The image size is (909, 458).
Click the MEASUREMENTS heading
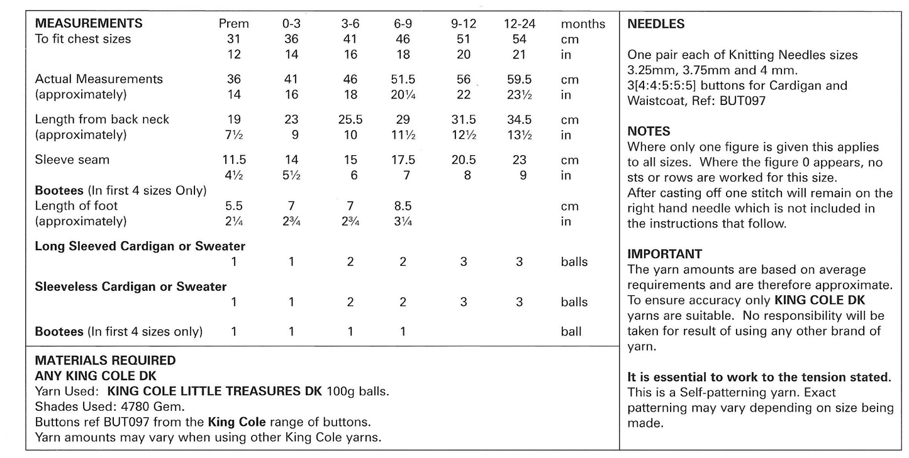tap(89, 24)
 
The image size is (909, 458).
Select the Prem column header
tap(233, 24)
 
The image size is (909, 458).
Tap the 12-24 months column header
tap(519, 24)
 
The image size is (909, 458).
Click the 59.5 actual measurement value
tap(519, 79)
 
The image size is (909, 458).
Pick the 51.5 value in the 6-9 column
tap(403, 79)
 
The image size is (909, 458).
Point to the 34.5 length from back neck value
tap(519, 119)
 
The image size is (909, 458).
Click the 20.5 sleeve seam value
tap(464, 160)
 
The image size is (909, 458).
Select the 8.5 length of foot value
tap(403, 205)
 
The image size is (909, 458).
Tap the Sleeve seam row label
tap(72, 160)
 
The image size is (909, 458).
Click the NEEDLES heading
tap(656, 25)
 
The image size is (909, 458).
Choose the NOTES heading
tap(649, 131)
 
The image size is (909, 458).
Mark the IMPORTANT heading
tap(665, 254)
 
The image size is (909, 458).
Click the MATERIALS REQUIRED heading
tap(106, 361)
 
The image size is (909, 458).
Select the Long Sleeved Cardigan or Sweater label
tap(140, 246)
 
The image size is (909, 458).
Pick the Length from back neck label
tap(103, 119)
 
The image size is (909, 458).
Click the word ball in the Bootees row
tap(571, 332)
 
